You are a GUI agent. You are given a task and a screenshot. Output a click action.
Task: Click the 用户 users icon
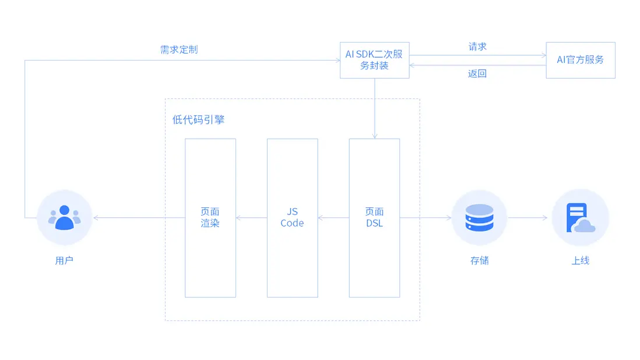point(64,218)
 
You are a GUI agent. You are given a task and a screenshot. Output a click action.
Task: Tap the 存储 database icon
point(479,218)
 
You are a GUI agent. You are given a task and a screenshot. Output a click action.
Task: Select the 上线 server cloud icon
point(580,218)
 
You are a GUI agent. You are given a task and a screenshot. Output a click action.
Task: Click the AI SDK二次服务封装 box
point(374,60)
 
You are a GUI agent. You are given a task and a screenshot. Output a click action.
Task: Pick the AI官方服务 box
point(580,60)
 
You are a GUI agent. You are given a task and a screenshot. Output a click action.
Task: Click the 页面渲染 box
point(210,218)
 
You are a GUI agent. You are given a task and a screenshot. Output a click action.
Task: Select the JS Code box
point(292,218)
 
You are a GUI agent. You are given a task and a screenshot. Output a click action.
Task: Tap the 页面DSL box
point(374,218)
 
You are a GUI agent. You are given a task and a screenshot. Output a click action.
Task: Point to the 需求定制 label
point(179,50)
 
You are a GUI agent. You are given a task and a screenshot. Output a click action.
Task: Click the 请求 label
point(477,47)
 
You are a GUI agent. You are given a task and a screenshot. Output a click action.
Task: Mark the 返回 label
point(477,73)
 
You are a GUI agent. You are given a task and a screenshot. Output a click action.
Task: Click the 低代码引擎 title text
point(199,120)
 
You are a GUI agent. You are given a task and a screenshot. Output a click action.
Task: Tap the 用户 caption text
point(64,260)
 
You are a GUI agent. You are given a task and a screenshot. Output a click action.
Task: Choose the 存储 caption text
point(479,260)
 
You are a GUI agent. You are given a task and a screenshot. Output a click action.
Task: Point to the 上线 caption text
point(580,260)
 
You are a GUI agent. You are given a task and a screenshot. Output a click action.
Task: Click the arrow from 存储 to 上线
point(528,218)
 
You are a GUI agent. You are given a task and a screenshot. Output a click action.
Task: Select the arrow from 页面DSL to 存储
point(426,218)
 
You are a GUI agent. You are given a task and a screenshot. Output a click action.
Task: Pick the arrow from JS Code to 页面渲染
point(251,218)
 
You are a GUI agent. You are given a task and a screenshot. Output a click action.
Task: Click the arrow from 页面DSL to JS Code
point(333,218)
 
